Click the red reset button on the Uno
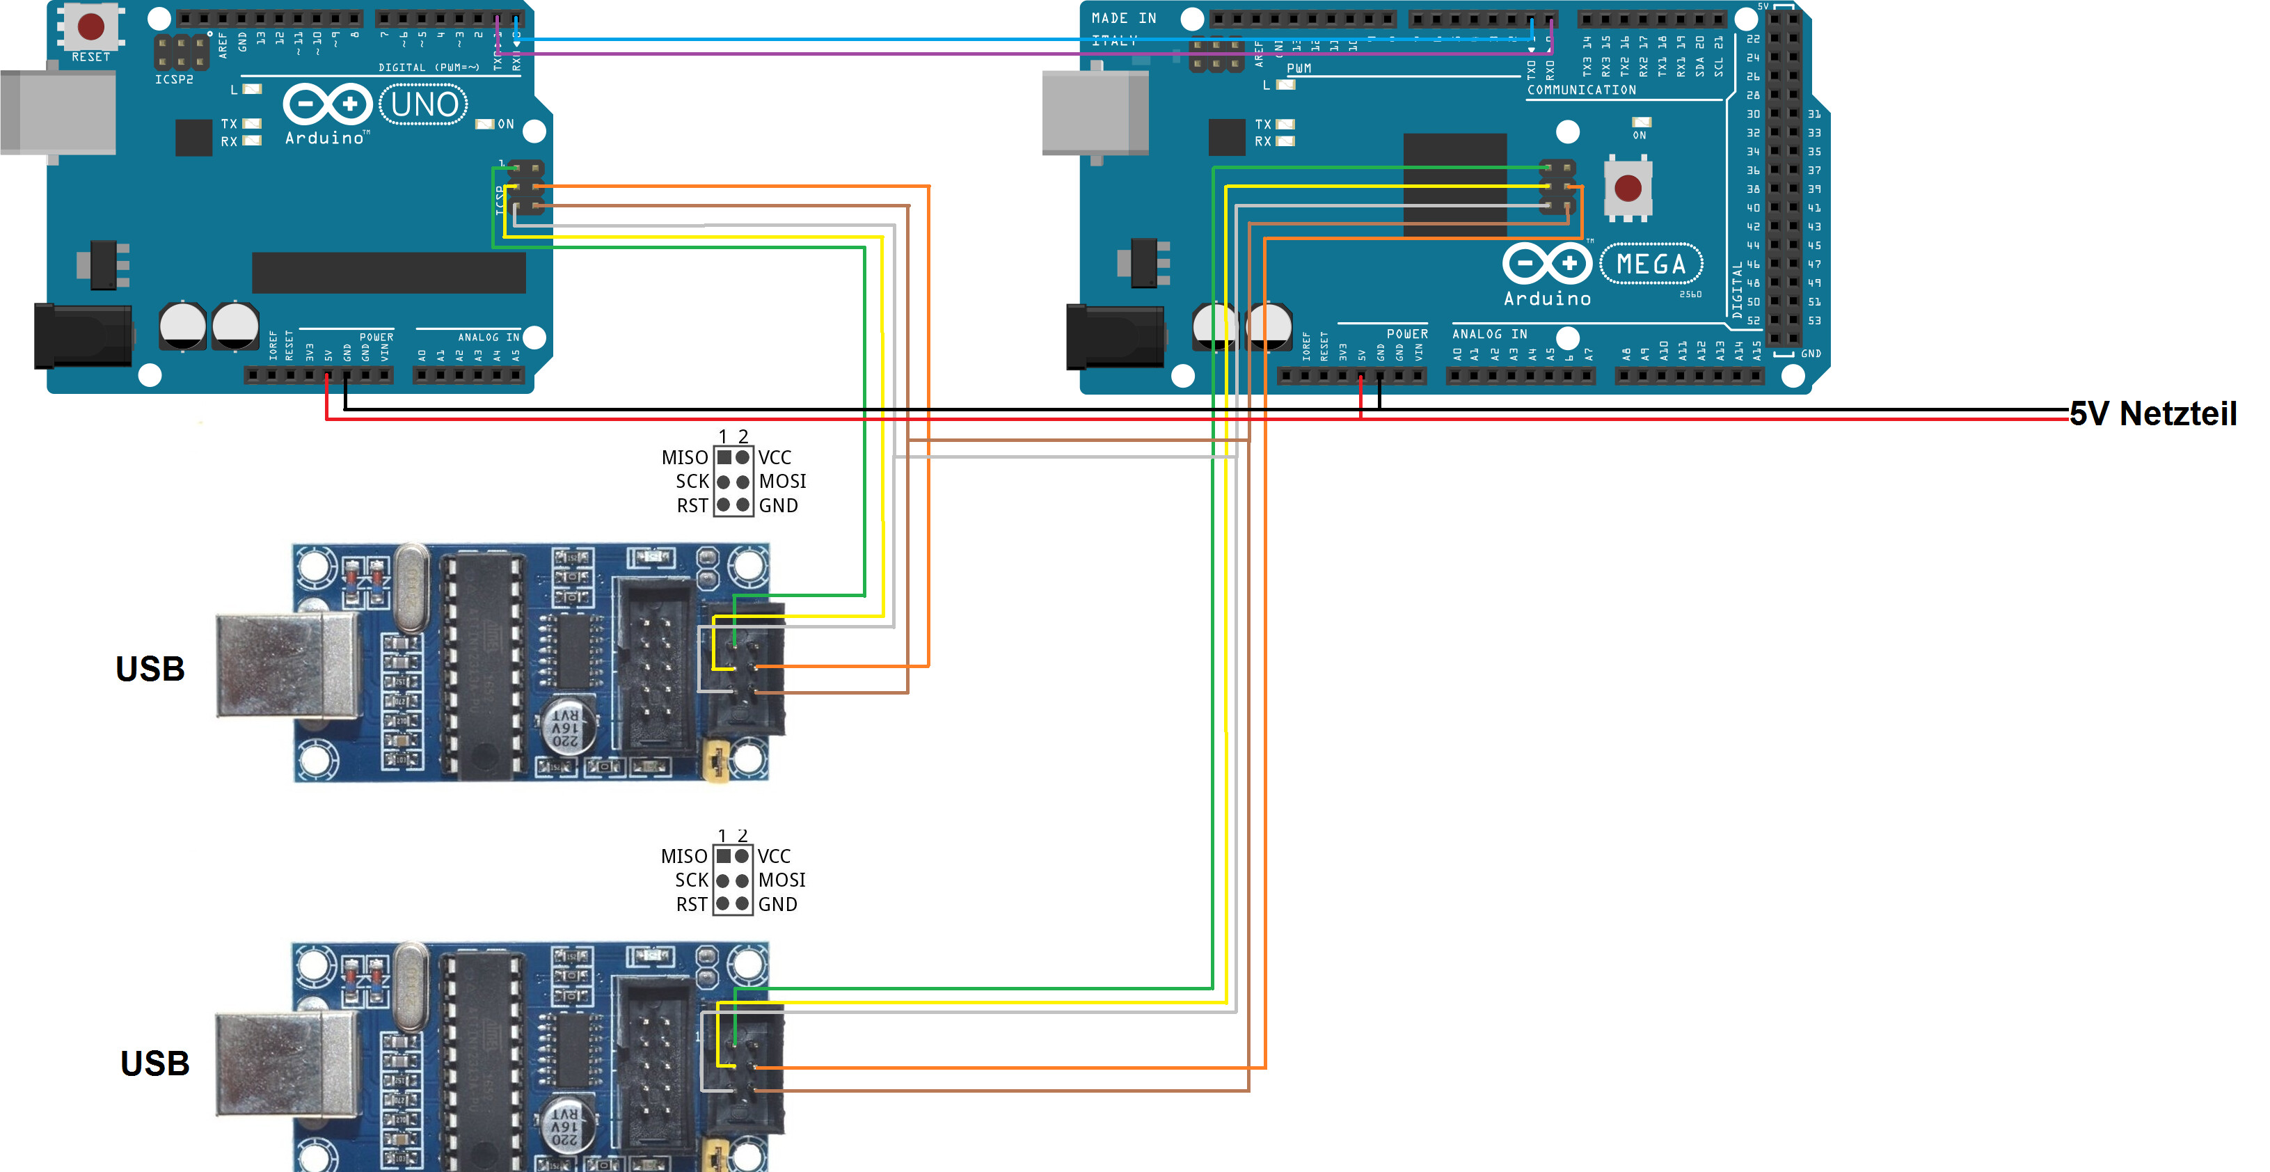(x=90, y=26)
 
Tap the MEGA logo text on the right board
(x=1651, y=264)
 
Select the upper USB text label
(x=150, y=669)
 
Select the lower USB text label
(x=154, y=1063)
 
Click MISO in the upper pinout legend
(x=685, y=458)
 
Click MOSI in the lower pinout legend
(x=781, y=880)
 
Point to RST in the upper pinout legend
(x=692, y=506)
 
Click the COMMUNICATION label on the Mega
(x=1581, y=90)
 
